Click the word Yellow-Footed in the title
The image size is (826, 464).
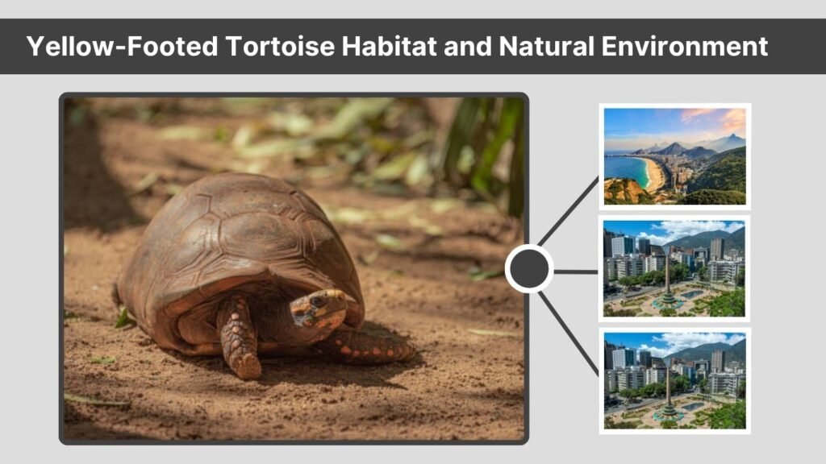coord(123,46)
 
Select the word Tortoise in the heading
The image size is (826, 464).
coord(280,46)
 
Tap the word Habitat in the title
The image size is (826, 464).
coord(390,46)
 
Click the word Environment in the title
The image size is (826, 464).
coord(684,46)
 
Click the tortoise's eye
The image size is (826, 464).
coord(317,301)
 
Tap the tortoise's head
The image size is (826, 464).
coord(318,309)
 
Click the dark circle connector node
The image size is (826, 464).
coord(529,269)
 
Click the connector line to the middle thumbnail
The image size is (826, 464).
coord(576,272)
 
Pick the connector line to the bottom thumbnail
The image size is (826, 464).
coord(569,333)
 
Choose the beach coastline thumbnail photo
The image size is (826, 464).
coord(675,156)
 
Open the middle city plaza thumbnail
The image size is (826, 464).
coord(674,268)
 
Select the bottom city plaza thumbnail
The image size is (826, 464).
coord(675,380)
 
